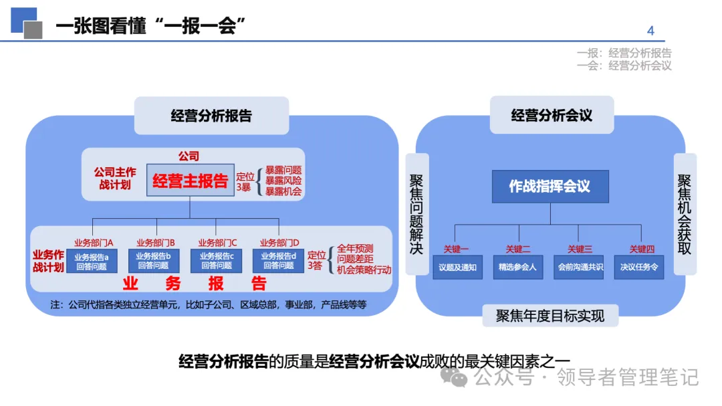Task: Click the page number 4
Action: (x=650, y=31)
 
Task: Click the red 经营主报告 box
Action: (x=191, y=181)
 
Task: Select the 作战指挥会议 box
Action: (x=550, y=187)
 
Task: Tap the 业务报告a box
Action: (x=91, y=261)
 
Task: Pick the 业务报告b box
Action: (x=153, y=261)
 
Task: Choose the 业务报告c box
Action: (x=215, y=261)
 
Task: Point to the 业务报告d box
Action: (x=278, y=261)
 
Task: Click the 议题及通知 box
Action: (x=457, y=268)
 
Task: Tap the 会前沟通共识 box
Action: (x=580, y=268)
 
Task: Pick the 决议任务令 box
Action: (x=640, y=268)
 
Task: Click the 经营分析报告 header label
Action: (x=211, y=116)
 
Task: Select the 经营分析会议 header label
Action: (x=552, y=115)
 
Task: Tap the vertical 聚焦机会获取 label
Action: (x=685, y=214)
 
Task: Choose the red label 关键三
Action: (x=580, y=249)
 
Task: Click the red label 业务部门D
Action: (x=279, y=242)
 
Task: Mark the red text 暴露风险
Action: (x=283, y=181)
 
